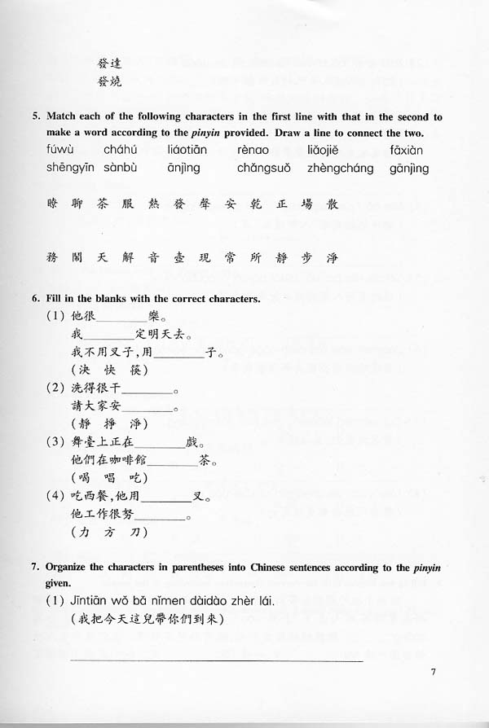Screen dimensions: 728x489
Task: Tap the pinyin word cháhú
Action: [120, 150]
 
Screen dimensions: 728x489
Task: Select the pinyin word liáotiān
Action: [187, 150]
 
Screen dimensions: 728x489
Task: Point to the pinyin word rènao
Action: [255, 150]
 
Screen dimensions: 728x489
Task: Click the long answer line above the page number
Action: [216, 660]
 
